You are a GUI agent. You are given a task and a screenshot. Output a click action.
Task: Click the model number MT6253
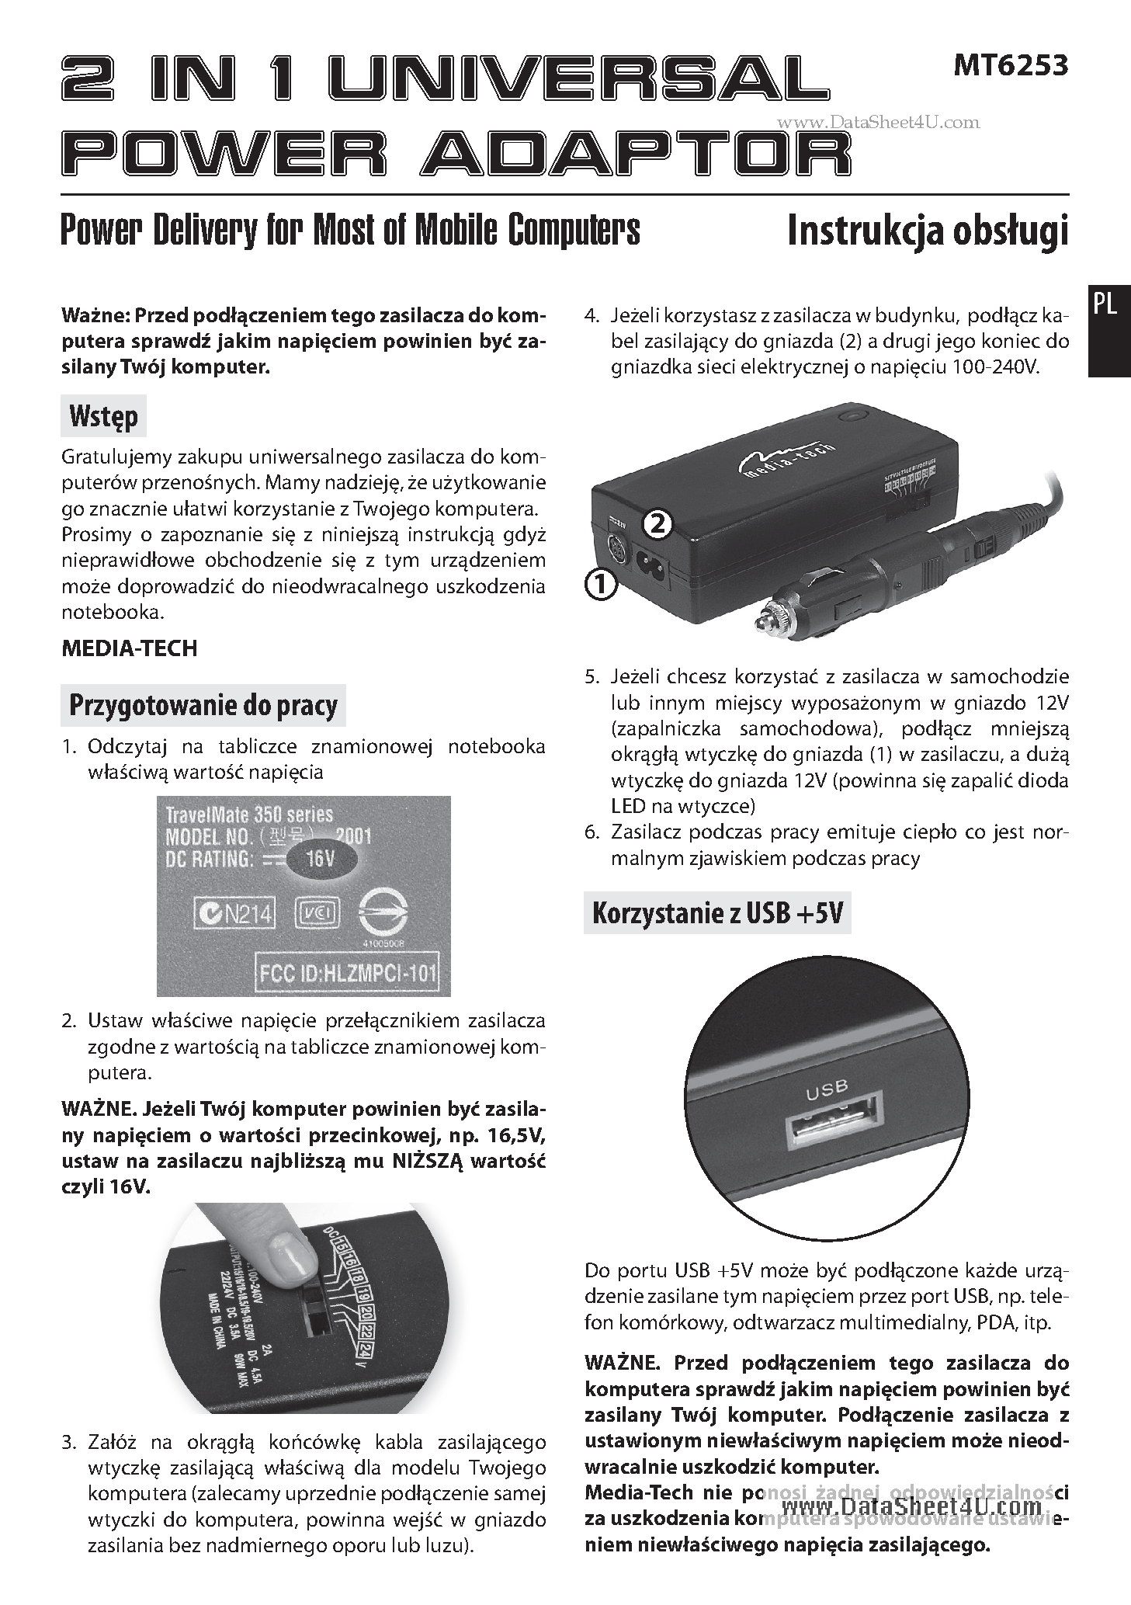point(1010,66)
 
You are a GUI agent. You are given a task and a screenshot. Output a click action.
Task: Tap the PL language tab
point(1104,305)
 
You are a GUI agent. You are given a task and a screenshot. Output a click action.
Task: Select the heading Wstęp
point(103,417)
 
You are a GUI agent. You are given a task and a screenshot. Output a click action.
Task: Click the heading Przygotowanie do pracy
point(203,705)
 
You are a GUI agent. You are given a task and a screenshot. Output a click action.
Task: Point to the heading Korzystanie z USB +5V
point(716,913)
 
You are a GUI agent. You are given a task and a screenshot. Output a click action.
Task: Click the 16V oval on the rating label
point(321,860)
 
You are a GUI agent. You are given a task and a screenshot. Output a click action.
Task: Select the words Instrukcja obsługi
point(928,231)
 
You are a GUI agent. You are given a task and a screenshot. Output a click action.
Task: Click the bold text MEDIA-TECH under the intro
point(129,648)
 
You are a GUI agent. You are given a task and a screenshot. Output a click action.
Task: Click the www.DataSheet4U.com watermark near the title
point(878,122)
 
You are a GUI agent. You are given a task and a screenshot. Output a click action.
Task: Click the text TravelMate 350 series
point(249,815)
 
